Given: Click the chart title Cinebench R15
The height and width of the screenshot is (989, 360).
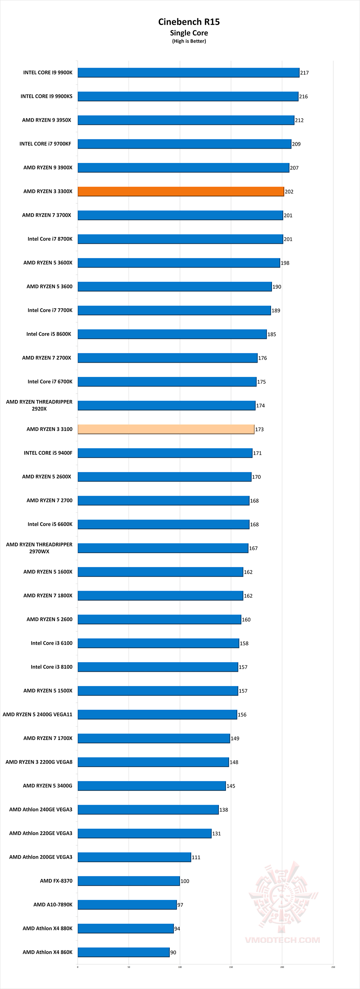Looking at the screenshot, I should pyautogui.click(x=189, y=22).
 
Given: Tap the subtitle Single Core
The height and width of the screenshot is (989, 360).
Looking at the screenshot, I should pyautogui.click(x=189, y=33).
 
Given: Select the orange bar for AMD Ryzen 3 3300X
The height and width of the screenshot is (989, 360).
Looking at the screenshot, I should pyautogui.click(x=180, y=191).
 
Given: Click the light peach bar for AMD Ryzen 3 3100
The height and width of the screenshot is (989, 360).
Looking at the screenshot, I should pyautogui.click(x=166, y=429).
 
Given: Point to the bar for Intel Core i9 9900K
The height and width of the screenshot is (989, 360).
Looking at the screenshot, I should pyautogui.click(x=188, y=72).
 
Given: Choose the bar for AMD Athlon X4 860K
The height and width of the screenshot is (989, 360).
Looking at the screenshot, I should pyautogui.click(x=123, y=952).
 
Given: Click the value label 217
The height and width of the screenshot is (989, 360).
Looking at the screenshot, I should pyautogui.click(x=304, y=73).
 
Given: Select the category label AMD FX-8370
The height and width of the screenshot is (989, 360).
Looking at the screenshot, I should pyautogui.click(x=56, y=880).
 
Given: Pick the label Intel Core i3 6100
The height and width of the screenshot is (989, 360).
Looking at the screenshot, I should pyautogui.click(x=51, y=643).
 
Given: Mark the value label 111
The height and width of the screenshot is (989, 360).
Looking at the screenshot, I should pyautogui.click(x=196, y=857).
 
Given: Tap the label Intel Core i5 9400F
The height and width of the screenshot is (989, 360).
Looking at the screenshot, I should pyautogui.click(x=48, y=453).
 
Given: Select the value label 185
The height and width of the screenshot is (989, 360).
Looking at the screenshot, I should pyautogui.click(x=272, y=334).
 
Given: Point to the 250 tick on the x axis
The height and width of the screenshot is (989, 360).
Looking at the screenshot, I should pyautogui.click(x=333, y=967).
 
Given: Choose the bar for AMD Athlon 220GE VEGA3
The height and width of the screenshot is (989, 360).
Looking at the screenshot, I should pyautogui.click(x=144, y=833).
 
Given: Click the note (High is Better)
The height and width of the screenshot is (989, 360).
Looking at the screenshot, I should pyautogui.click(x=189, y=41).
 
